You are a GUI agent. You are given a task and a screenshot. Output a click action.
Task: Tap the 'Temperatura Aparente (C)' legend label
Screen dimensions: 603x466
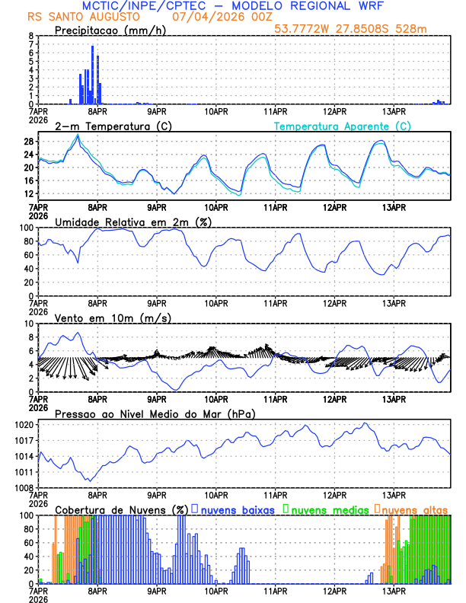(342, 126)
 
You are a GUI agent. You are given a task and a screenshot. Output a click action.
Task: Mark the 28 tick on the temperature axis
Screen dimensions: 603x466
(28, 142)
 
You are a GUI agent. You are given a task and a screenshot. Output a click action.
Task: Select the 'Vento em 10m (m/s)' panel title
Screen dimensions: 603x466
(113, 317)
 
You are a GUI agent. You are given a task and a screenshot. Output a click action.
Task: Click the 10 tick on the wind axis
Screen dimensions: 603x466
(28, 324)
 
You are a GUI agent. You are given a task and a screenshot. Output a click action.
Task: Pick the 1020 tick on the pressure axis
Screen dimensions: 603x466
(22, 424)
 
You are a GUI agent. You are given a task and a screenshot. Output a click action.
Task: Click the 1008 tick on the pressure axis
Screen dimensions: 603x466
(22, 487)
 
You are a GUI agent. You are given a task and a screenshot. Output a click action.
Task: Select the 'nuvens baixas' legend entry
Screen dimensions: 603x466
(239, 509)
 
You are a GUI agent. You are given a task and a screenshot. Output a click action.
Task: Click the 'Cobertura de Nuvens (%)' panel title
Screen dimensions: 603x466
(121, 509)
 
